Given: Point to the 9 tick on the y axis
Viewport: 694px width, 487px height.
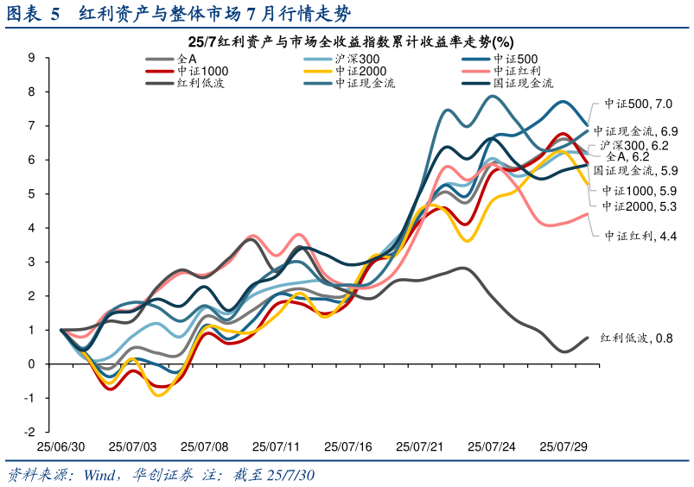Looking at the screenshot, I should click(x=31, y=58).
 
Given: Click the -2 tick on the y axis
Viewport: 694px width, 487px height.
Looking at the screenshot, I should click(x=29, y=432).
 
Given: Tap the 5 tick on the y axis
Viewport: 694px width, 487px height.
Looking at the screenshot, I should click(x=31, y=193).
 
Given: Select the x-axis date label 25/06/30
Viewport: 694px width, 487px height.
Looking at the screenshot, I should click(x=60, y=447).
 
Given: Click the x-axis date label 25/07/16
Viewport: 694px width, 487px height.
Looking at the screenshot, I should click(x=348, y=447).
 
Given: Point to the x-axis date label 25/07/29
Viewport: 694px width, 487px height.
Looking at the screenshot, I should click(x=563, y=447).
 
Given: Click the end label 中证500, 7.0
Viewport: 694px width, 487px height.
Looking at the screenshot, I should click(x=639, y=104).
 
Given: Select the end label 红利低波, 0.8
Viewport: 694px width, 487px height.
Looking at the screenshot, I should click(x=638, y=338).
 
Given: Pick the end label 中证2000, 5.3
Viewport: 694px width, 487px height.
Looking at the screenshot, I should click(x=640, y=206).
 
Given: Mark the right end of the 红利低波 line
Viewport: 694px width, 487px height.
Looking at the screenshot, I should click(x=588, y=338).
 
